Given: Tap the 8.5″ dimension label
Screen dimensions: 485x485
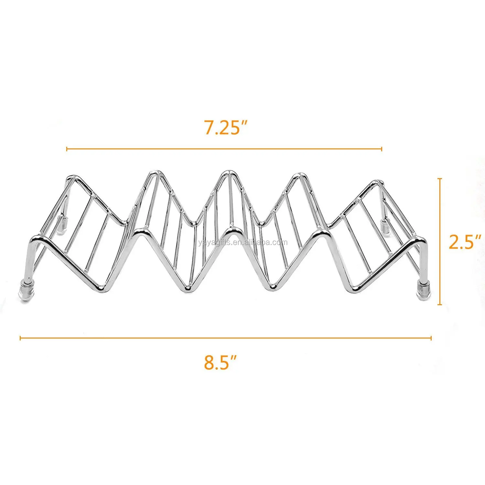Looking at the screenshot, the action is [x=221, y=362].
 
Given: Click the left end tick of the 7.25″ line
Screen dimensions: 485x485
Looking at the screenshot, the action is [x=67, y=149].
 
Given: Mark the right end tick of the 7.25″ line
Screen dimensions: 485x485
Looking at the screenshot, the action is [x=382, y=149].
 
